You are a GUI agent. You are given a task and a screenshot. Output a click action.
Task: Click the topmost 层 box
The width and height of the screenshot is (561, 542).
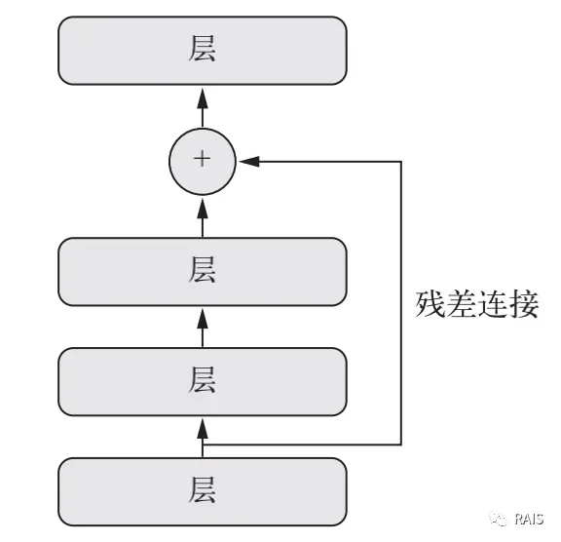[x=203, y=51]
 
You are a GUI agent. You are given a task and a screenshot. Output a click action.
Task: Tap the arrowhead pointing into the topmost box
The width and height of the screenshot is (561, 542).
[x=203, y=95]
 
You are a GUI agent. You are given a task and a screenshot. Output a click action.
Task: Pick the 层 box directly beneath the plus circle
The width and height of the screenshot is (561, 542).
[x=203, y=272]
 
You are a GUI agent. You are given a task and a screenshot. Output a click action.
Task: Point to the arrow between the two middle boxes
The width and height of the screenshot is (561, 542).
[x=203, y=326]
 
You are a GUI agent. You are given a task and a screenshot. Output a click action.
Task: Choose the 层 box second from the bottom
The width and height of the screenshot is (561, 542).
[x=203, y=381]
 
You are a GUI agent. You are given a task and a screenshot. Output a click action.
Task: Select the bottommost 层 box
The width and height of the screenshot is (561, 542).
[x=203, y=489]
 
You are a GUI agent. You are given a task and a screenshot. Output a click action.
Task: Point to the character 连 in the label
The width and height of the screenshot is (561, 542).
[x=494, y=304]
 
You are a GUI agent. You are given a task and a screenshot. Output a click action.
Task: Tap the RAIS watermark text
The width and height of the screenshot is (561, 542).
[x=531, y=521]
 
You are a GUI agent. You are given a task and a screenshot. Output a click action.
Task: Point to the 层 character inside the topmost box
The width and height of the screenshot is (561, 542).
[x=203, y=51]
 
